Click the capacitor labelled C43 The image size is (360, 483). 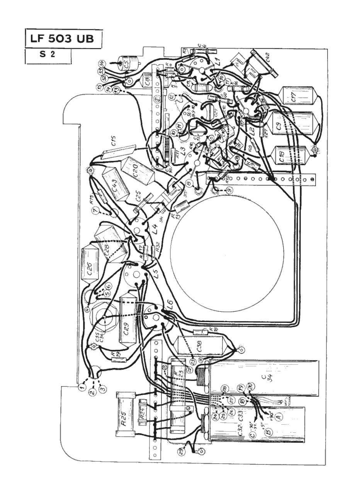click(x=115, y=185)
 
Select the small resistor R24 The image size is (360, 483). click(x=143, y=416)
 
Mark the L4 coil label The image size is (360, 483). click(x=155, y=234)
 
